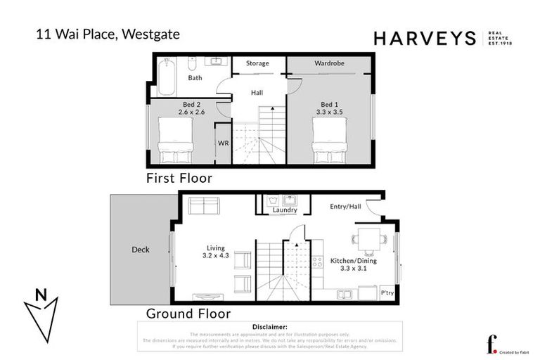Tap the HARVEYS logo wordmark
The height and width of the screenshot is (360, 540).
(425, 39)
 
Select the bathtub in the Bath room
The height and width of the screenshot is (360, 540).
(165, 77)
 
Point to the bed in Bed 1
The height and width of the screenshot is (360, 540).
(330, 139)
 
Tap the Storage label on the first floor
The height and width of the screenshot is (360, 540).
(257, 63)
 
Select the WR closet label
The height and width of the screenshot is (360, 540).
(223, 143)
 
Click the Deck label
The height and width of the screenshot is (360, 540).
(141, 250)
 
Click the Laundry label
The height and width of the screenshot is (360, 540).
(285, 210)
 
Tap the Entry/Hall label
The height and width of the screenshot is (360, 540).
(345, 206)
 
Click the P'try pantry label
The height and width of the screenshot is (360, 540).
(387, 292)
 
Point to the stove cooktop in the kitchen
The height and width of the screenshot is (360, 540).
(317, 263)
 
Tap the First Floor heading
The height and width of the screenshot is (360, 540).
(179, 179)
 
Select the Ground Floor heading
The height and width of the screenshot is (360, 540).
(188, 314)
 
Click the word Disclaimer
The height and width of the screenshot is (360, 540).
(269, 327)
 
